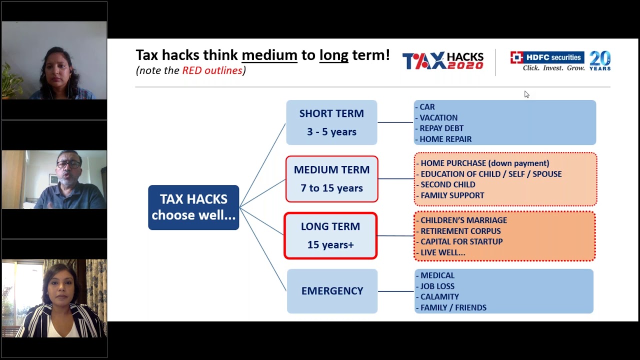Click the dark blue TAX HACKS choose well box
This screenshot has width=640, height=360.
(x=193, y=207)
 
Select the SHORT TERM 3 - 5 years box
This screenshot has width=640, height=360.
(x=331, y=122)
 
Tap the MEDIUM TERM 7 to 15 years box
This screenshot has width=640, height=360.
(x=331, y=179)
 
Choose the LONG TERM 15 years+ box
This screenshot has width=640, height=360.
(x=330, y=235)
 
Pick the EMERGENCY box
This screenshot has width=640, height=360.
(x=332, y=291)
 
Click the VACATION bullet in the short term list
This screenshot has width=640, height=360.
(x=438, y=118)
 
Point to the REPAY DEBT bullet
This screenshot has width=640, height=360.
(x=441, y=128)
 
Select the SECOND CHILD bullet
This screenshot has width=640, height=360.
(x=447, y=184)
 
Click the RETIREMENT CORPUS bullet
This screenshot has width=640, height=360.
(x=460, y=231)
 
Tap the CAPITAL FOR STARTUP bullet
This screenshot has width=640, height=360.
(x=461, y=241)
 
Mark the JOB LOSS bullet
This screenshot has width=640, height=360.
(x=437, y=286)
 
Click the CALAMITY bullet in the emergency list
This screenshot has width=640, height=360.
(x=439, y=297)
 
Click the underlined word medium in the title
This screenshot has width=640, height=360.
(x=269, y=55)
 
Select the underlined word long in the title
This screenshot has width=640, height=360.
(x=333, y=55)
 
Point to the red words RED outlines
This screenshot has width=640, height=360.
(x=212, y=70)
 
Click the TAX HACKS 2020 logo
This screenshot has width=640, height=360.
(x=443, y=60)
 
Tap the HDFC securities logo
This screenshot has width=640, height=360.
(x=547, y=60)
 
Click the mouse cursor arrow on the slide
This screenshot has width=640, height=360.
(x=526, y=94)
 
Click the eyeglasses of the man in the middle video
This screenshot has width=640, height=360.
(x=68, y=164)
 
